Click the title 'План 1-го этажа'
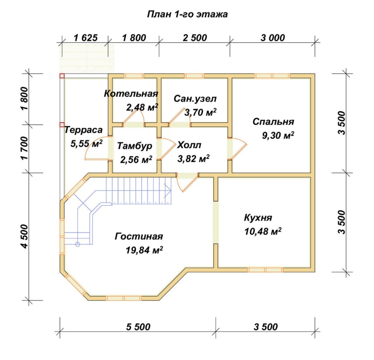(187, 14)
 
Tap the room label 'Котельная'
(131, 94)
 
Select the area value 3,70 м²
(200, 112)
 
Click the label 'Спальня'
(273, 122)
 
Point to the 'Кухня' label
(258, 218)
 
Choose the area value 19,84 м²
(144, 250)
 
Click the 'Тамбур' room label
(135, 146)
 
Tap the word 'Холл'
(189, 145)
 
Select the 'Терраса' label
(84, 130)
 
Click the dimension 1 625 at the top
(86, 38)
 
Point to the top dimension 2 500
(195, 38)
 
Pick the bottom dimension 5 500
(138, 327)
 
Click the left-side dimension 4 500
(25, 236)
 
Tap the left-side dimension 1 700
(25, 148)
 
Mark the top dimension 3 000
(273, 38)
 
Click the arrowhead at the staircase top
(169, 191)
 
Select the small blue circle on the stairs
(78, 244)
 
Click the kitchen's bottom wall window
(265, 270)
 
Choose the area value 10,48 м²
(263, 232)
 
